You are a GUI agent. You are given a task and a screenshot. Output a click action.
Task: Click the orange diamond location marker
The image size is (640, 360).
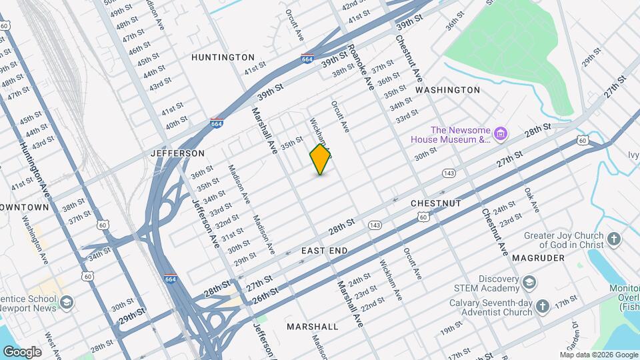[321, 159]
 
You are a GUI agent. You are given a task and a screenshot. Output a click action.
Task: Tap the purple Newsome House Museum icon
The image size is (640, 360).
[501, 135]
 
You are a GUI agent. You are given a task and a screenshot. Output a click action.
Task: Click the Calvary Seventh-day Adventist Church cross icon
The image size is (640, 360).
[543, 306]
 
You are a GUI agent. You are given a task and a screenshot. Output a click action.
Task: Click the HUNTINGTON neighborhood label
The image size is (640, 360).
[223, 57]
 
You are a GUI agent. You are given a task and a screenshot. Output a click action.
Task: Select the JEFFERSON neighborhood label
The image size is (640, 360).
[177, 153]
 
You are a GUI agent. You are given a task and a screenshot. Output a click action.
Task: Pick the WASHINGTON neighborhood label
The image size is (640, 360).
[447, 89]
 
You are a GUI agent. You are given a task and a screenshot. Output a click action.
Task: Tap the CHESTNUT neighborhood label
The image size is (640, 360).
[436, 203]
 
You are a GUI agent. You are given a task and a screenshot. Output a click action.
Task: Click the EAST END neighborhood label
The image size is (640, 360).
[325, 250]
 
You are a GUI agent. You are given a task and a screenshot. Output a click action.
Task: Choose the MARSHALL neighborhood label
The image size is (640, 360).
[313, 327]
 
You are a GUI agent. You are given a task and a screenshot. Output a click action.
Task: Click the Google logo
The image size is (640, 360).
[22, 351]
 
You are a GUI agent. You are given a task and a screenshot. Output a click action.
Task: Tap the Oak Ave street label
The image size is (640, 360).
[531, 200]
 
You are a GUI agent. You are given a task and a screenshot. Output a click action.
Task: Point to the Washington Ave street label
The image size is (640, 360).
[33, 237]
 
